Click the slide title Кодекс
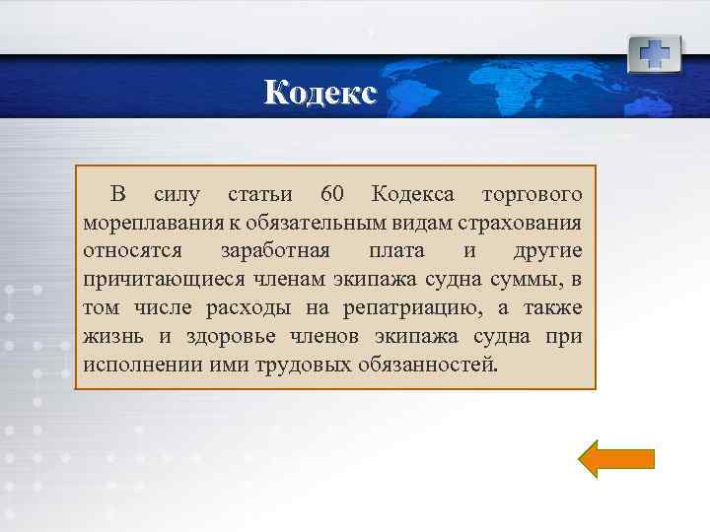point(320,93)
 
